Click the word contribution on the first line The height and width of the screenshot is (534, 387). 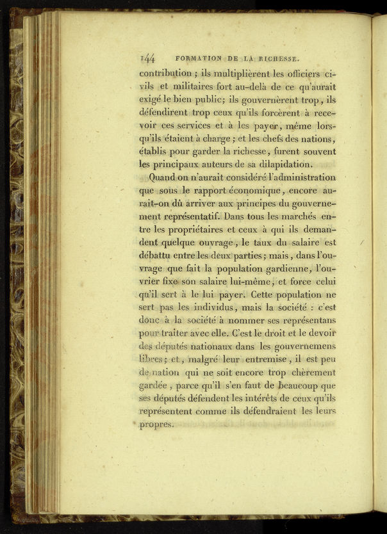tap(165, 73)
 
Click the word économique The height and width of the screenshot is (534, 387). tap(254, 190)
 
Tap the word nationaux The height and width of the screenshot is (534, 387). tap(216, 347)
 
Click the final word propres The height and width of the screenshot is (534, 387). tap(156, 425)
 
